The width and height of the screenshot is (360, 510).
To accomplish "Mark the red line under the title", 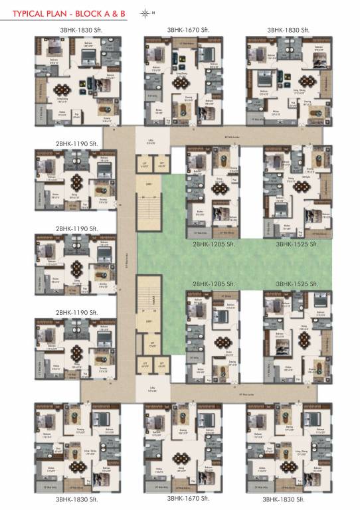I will click(66, 21).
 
